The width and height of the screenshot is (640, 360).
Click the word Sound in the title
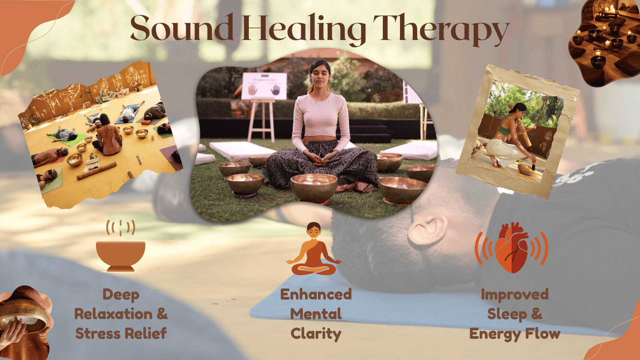pyautogui.click(x=182, y=27)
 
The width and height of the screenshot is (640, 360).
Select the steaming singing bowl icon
pyautogui.click(x=120, y=246)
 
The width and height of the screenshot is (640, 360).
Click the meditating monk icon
pyautogui.click(x=314, y=249)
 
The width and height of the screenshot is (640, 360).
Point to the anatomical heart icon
pyautogui.click(x=512, y=248)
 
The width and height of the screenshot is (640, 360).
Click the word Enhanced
pyautogui.click(x=316, y=294)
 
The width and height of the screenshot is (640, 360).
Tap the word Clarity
pyautogui.click(x=316, y=334)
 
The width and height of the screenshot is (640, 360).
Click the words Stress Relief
pyautogui.click(x=121, y=333)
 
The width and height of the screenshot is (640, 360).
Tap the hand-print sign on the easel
pyautogui.click(x=264, y=86)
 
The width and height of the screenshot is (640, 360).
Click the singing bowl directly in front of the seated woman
pyautogui.click(x=314, y=188)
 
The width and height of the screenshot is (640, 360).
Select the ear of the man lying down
pyautogui.click(x=427, y=230)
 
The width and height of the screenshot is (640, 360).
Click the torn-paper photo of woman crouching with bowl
pyautogui.click(x=517, y=132)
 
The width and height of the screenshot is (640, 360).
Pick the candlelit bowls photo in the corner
pyautogui.click(x=604, y=43)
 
